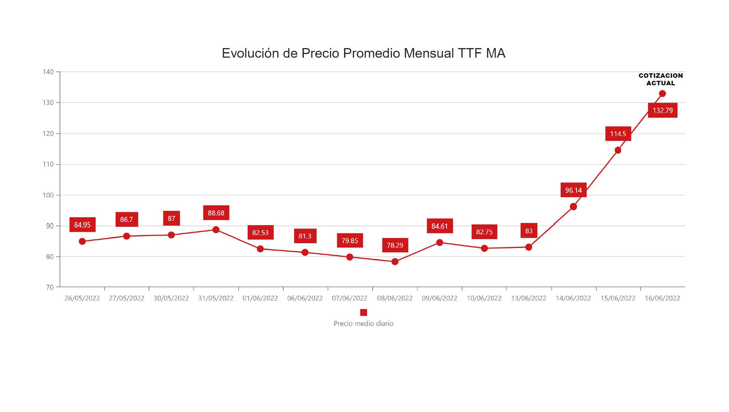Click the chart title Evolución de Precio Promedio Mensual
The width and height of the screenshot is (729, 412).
[363, 53]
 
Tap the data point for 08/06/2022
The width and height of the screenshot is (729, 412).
[395, 262]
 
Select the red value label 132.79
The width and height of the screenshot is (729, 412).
[662, 111]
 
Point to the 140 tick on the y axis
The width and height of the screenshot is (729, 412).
[48, 72]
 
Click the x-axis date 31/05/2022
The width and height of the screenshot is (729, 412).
[216, 298]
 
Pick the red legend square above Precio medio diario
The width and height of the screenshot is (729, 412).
[363, 312]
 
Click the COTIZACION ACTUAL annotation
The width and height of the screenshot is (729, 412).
[661, 79]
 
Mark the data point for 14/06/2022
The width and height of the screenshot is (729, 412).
[573, 207]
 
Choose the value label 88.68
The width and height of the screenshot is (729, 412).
[216, 213]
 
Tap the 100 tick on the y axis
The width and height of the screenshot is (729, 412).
[48, 195]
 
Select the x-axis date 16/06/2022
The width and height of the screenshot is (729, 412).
[662, 298]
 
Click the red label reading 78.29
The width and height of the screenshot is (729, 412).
[395, 245]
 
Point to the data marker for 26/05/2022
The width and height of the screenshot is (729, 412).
[82, 241]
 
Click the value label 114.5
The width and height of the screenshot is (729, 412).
[618, 134]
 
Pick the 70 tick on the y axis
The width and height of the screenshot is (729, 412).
[50, 287]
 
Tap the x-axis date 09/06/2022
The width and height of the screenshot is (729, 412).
[439, 298]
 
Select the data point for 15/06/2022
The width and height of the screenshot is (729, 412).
[618, 150]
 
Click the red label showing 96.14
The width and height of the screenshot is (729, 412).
[573, 190]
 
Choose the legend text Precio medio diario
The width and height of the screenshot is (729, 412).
[363, 323]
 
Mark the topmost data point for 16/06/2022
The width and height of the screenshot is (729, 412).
[662, 93]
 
